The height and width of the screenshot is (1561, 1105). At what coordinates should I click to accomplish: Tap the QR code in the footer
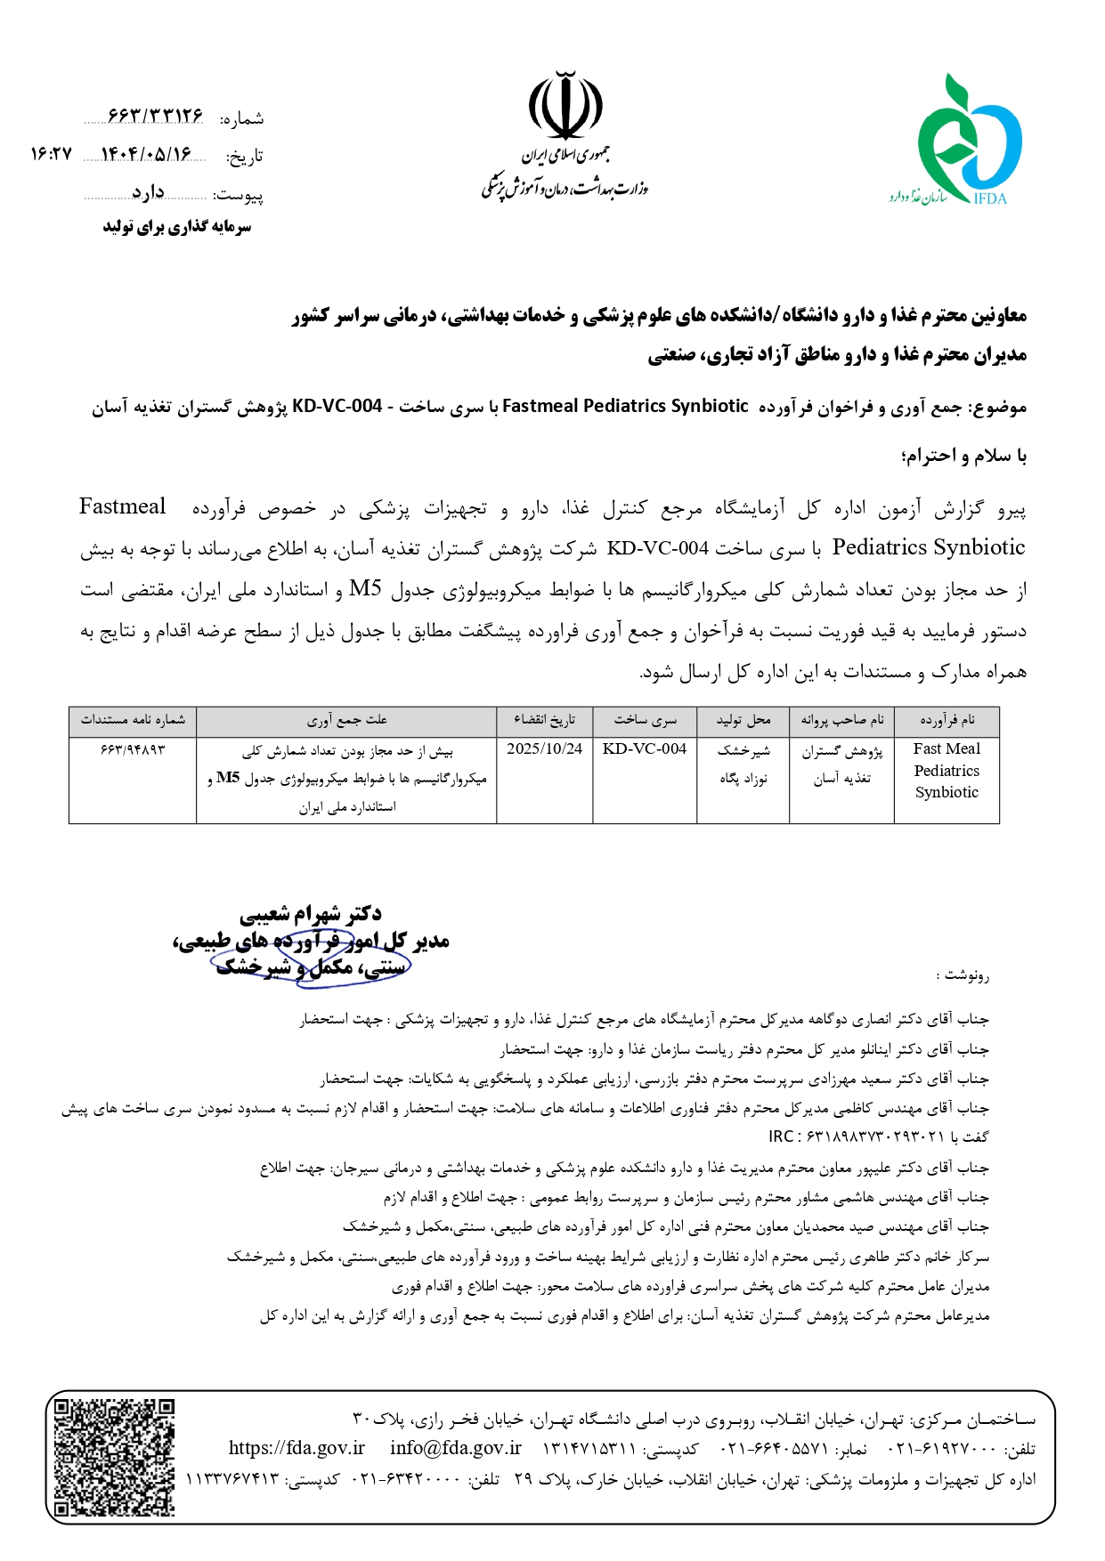tap(114, 1457)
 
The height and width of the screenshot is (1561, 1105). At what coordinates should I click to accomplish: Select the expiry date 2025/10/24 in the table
tap(544, 749)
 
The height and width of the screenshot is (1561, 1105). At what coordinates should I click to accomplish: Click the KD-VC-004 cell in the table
tap(645, 749)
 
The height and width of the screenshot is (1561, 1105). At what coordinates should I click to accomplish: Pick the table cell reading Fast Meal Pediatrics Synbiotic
tap(947, 771)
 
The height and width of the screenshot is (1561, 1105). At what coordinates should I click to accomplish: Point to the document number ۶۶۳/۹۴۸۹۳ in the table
tap(133, 749)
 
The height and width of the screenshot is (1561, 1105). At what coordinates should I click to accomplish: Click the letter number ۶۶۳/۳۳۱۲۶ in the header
tap(155, 117)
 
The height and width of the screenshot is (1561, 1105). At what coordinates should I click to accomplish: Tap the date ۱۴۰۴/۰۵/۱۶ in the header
tap(146, 155)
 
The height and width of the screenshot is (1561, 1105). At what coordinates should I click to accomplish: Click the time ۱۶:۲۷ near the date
tap(51, 155)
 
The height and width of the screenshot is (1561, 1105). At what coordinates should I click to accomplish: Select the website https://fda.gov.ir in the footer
tap(297, 1448)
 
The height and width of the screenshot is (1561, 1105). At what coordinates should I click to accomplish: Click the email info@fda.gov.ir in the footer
tap(455, 1448)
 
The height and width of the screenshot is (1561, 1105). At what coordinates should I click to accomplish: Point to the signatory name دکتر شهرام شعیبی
tap(310, 914)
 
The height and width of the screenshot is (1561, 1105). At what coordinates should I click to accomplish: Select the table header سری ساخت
tap(645, 720)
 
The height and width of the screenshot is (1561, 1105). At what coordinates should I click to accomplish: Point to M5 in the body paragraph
tap(365, 589)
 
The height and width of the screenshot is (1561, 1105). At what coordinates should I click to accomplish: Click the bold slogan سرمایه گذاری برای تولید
tap(177, 227)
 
